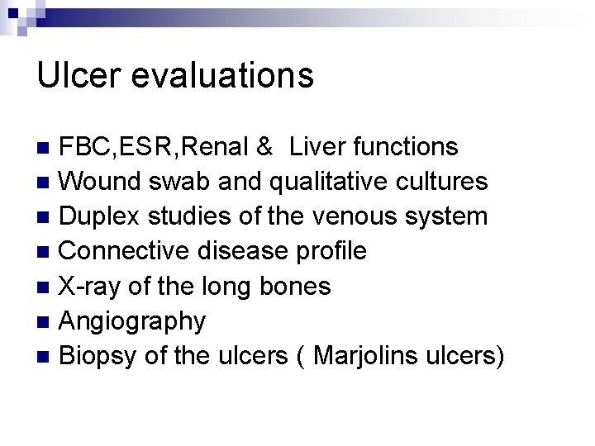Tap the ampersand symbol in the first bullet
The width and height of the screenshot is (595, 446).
click(264, 147)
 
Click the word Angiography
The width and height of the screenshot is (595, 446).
click(133, 321)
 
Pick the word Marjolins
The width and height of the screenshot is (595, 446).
click(341, 356)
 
